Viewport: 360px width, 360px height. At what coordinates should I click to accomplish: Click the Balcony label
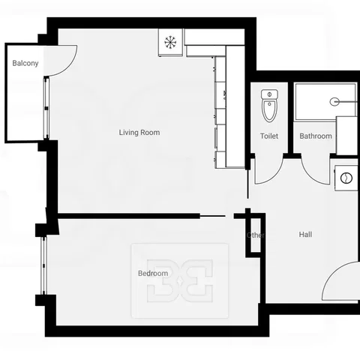pos(25,63)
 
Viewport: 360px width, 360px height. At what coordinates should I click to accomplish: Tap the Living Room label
pos(139,132)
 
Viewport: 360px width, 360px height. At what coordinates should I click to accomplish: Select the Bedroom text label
pos(153,273)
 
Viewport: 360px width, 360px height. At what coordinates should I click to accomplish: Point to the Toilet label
pos(269,136)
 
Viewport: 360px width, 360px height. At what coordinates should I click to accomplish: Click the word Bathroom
pos(316,136)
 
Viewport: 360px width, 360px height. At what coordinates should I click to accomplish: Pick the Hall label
pos(305,235)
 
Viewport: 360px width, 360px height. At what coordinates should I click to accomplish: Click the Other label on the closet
pos(256,235)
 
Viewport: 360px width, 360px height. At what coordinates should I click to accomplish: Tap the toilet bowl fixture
pos(269,111)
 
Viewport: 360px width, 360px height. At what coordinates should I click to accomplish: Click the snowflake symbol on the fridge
pos(170,42)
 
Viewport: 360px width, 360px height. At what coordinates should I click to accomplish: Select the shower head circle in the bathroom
pos(334,101)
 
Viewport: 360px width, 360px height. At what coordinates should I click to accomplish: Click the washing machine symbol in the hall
pos(346,178)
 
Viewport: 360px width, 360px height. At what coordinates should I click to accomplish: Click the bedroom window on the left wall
pos(44,265)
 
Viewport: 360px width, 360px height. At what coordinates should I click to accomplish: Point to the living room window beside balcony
pos(46,108)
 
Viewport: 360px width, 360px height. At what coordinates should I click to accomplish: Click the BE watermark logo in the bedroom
pos(180,280)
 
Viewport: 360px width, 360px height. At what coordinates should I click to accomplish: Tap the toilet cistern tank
pos(269,94)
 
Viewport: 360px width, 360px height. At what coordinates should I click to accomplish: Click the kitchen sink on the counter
pos(224,95)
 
